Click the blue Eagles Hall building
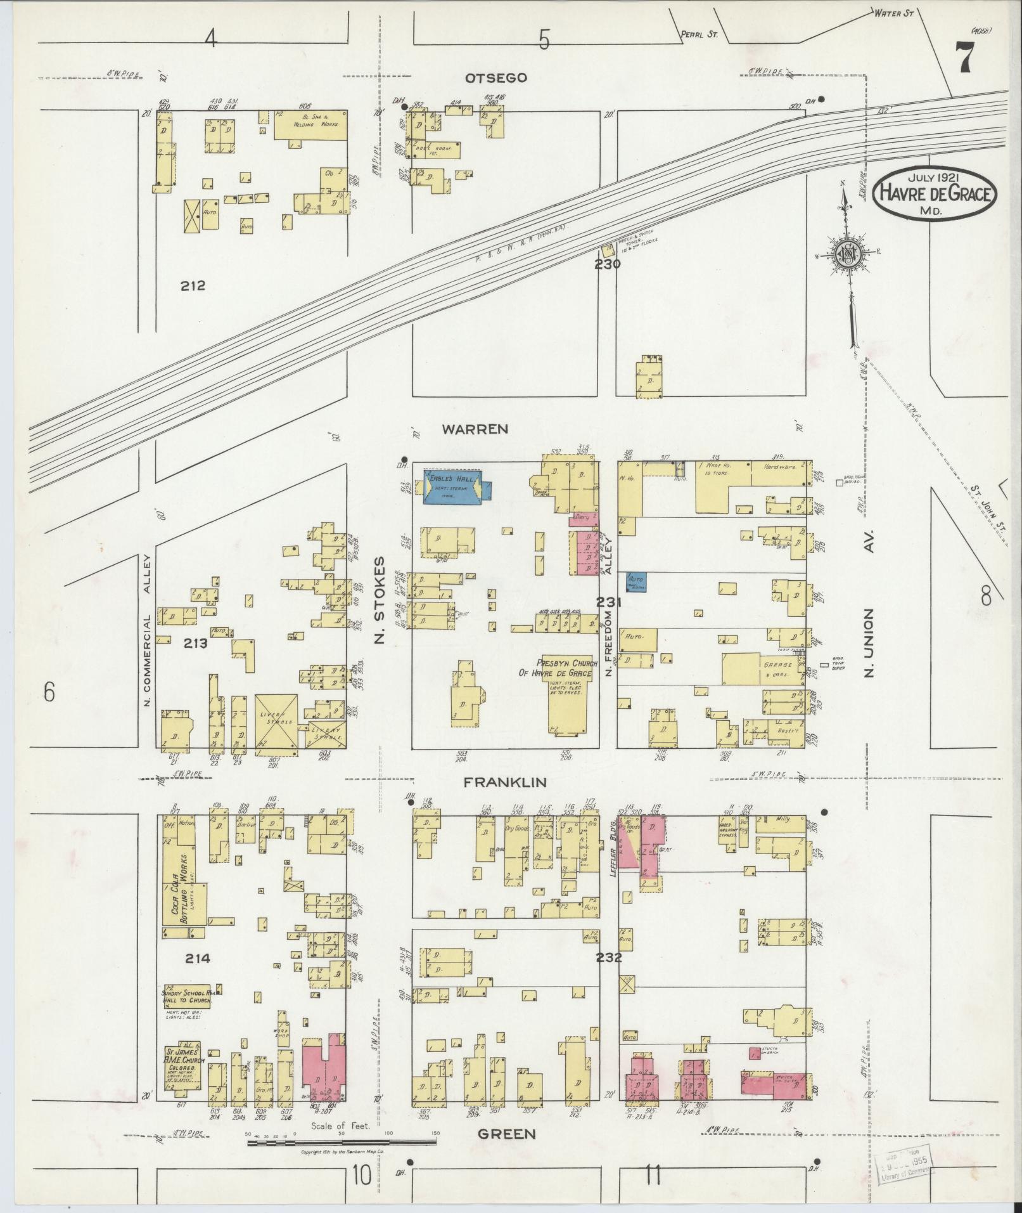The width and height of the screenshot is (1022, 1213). tap(451, 488)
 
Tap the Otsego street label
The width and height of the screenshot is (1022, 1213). tap(487, 78)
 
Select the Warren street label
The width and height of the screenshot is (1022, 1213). tap(475, 429)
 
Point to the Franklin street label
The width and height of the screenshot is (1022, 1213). tap(505, 782)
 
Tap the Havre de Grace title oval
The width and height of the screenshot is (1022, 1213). tap(934, 194)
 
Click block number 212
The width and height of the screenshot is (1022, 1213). tap(193, 285)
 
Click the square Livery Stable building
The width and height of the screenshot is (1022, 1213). tap(276, 724)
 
